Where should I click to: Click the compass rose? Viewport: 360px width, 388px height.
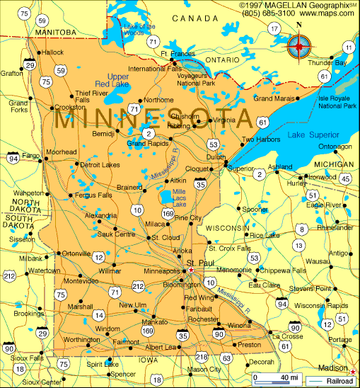299,47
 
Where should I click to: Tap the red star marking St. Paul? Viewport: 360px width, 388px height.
190,270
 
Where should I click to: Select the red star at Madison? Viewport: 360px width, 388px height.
353,370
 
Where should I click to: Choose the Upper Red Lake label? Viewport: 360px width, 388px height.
118,80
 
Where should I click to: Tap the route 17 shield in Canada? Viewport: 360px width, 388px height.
274,28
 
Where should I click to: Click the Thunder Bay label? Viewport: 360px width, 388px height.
327,63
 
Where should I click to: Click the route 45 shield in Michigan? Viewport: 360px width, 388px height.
345,179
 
